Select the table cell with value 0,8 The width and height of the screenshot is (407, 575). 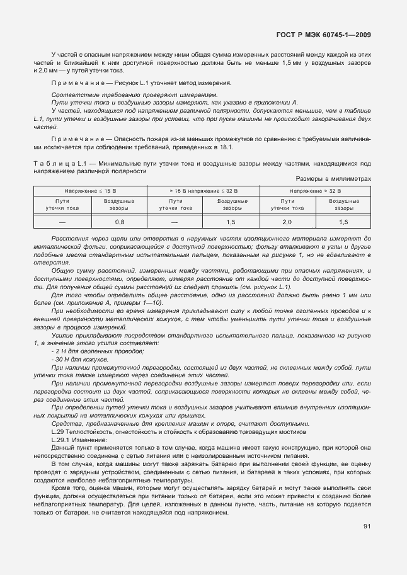point(120,222)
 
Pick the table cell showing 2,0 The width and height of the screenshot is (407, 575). point(287,222)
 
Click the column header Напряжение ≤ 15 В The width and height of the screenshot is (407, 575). point(91,190)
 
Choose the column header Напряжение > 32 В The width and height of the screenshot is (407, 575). point(315,190)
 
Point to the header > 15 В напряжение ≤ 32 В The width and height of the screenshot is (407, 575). point(203,190)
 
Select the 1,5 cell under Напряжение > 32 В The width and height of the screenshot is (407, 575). point(343,222)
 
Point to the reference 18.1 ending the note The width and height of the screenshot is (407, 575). point(227,147)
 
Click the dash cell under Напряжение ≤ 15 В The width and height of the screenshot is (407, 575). point(62,222)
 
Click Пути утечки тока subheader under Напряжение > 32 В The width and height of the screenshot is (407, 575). point(287,204)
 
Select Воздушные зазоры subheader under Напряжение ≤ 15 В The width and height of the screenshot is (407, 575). point(120,204)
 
